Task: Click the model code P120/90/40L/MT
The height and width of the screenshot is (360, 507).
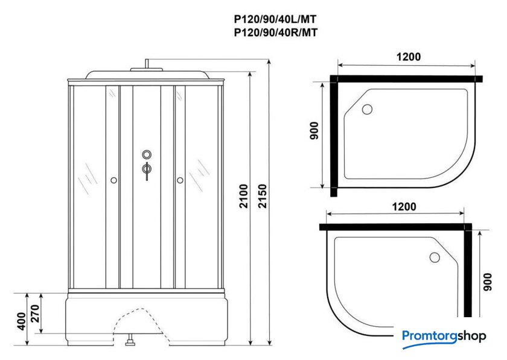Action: (x=275, y=20)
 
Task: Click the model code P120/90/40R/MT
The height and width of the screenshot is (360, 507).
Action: (x=276, y=33)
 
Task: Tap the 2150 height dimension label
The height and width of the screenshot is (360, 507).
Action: (x=263, y=196)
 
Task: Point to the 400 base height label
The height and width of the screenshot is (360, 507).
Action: (x=22, y=321)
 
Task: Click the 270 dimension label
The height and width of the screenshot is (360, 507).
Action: (x=35, y=314)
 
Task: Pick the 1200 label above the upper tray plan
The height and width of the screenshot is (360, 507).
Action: (x=409, y=57)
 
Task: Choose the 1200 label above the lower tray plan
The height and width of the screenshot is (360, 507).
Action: (x=404, y=206)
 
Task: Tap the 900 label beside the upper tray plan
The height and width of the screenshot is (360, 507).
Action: (x=314, y=131)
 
